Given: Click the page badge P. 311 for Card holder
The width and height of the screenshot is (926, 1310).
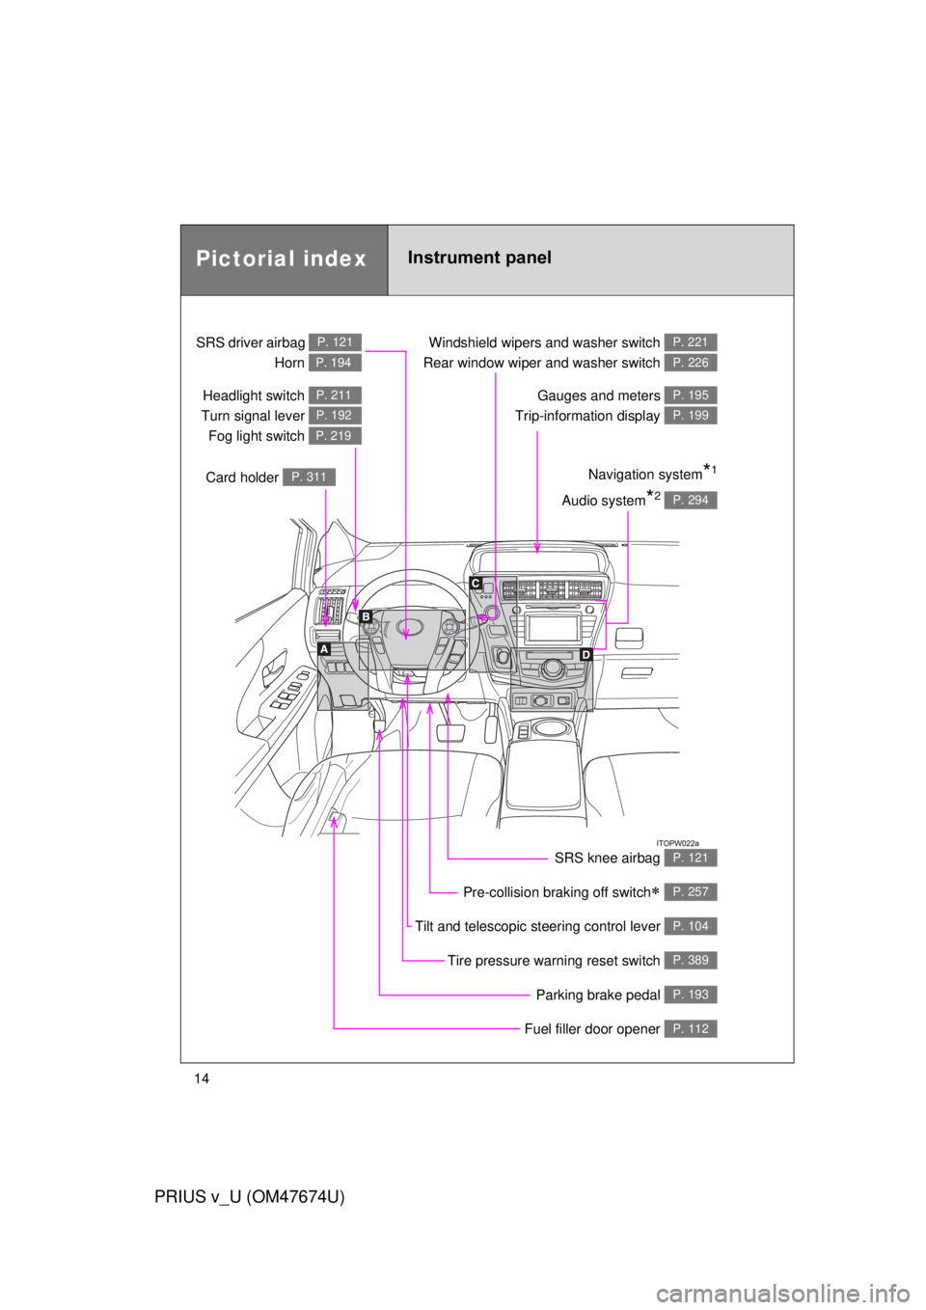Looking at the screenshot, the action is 309,478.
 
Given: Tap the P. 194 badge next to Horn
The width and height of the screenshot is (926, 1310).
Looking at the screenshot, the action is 335,363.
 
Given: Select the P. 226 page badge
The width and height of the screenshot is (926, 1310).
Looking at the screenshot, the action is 691,363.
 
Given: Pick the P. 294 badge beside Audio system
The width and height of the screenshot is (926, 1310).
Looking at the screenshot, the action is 691,500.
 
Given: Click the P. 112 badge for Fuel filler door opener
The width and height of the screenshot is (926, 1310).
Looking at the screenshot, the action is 691,1028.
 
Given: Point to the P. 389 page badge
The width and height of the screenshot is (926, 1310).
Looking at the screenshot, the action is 691,960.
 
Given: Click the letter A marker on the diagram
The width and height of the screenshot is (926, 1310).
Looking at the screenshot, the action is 324,649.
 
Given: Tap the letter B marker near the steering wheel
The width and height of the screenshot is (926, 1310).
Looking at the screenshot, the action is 366,616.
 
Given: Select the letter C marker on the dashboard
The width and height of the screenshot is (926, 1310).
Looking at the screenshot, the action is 476,583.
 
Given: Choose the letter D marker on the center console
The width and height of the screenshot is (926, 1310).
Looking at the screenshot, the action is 586,655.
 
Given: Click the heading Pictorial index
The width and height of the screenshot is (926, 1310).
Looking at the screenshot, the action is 282,259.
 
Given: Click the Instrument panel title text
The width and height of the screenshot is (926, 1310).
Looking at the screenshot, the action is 479,258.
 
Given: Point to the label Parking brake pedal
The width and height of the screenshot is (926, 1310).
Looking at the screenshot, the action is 597,995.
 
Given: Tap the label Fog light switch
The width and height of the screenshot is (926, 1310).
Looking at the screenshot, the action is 256,436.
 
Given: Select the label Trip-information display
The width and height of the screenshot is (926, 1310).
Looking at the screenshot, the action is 586,416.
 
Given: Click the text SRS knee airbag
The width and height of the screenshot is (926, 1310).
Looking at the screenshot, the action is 607,858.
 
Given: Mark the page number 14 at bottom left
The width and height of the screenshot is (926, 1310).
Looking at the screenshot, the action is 201,1079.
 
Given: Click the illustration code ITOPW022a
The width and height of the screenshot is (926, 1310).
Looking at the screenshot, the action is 677,843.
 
